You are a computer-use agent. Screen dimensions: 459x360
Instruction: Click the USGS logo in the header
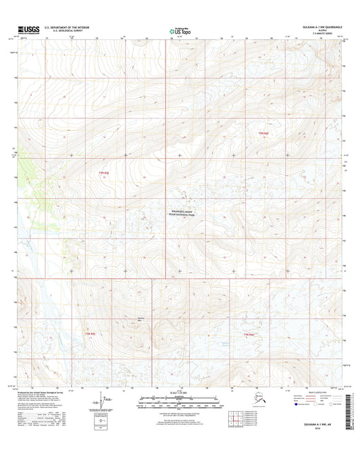[x=24, y=30]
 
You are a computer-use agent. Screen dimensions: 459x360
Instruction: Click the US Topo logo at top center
[x=178, y=30]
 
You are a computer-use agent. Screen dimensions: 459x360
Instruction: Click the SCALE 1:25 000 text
[x=179, y=393]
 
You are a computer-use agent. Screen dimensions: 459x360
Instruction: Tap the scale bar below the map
[x=179, y=400]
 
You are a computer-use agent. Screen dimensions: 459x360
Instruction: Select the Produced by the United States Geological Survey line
[x=41, y=391]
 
